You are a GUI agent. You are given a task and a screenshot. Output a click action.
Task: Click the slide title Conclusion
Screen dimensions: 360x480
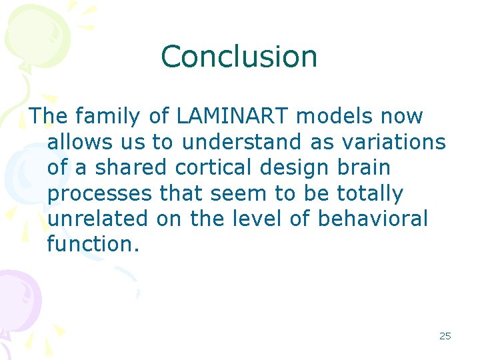(239, 57)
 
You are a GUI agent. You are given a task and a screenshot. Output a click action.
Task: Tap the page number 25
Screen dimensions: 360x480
(445, 336)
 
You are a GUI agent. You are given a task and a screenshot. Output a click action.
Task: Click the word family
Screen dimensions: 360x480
(107, 117)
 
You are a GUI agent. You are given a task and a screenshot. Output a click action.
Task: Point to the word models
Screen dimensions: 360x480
(335, 117)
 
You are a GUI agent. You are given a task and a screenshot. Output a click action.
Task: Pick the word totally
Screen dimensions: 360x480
(369, 194)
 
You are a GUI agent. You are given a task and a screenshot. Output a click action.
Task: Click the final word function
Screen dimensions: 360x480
(93, 245)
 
